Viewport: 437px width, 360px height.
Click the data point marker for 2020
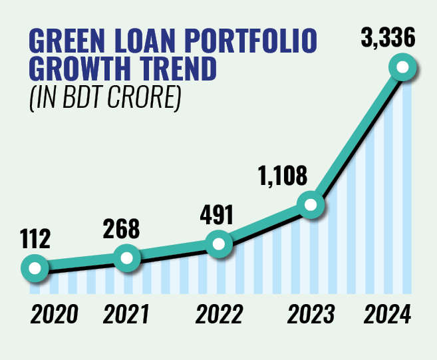35,269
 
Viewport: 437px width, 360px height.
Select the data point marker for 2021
127,258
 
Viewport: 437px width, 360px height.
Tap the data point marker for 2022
219,244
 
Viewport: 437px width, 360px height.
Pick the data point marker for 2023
311,205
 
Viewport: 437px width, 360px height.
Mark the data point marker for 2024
402,67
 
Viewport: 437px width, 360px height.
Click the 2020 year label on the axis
53,313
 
